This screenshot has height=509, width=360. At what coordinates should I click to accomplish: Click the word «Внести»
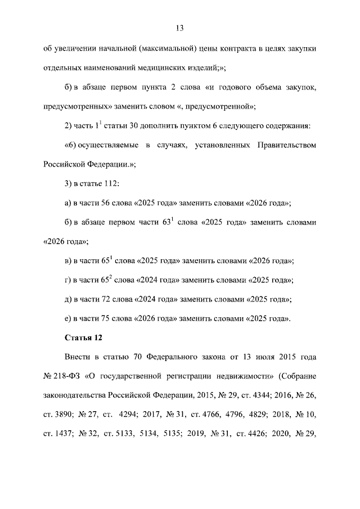[78, 357]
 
